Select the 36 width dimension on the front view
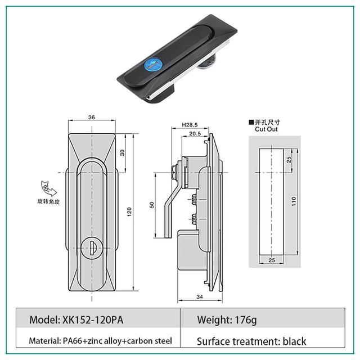[91, 118]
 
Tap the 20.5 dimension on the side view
[195, 134]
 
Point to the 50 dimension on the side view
[151, 205]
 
